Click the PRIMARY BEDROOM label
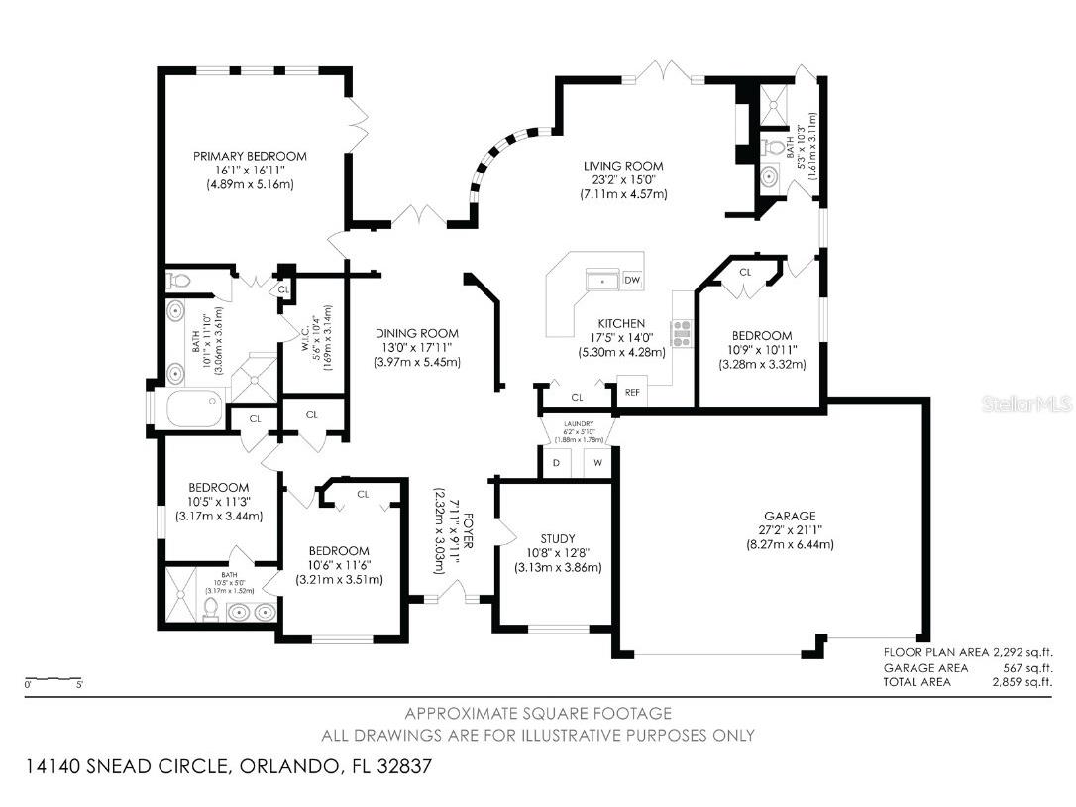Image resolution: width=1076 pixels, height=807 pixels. [250, 156]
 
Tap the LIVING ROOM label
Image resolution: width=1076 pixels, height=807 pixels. [623, 166]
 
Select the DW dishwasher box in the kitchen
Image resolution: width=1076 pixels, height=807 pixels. [632, 281]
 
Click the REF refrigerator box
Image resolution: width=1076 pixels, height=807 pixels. [631, 392]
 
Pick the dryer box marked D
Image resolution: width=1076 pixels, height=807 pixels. [556, 462]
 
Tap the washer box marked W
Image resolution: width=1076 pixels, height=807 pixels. [598, 462]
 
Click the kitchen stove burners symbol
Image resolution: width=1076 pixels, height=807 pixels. [682, 334]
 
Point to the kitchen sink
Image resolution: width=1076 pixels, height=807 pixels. [601, 282]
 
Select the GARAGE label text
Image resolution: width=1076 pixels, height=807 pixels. [790, 516]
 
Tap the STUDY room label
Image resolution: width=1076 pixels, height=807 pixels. [558, 538]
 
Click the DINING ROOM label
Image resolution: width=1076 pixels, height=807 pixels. [416, 333]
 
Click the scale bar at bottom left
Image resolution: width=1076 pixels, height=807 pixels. [54, 679]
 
